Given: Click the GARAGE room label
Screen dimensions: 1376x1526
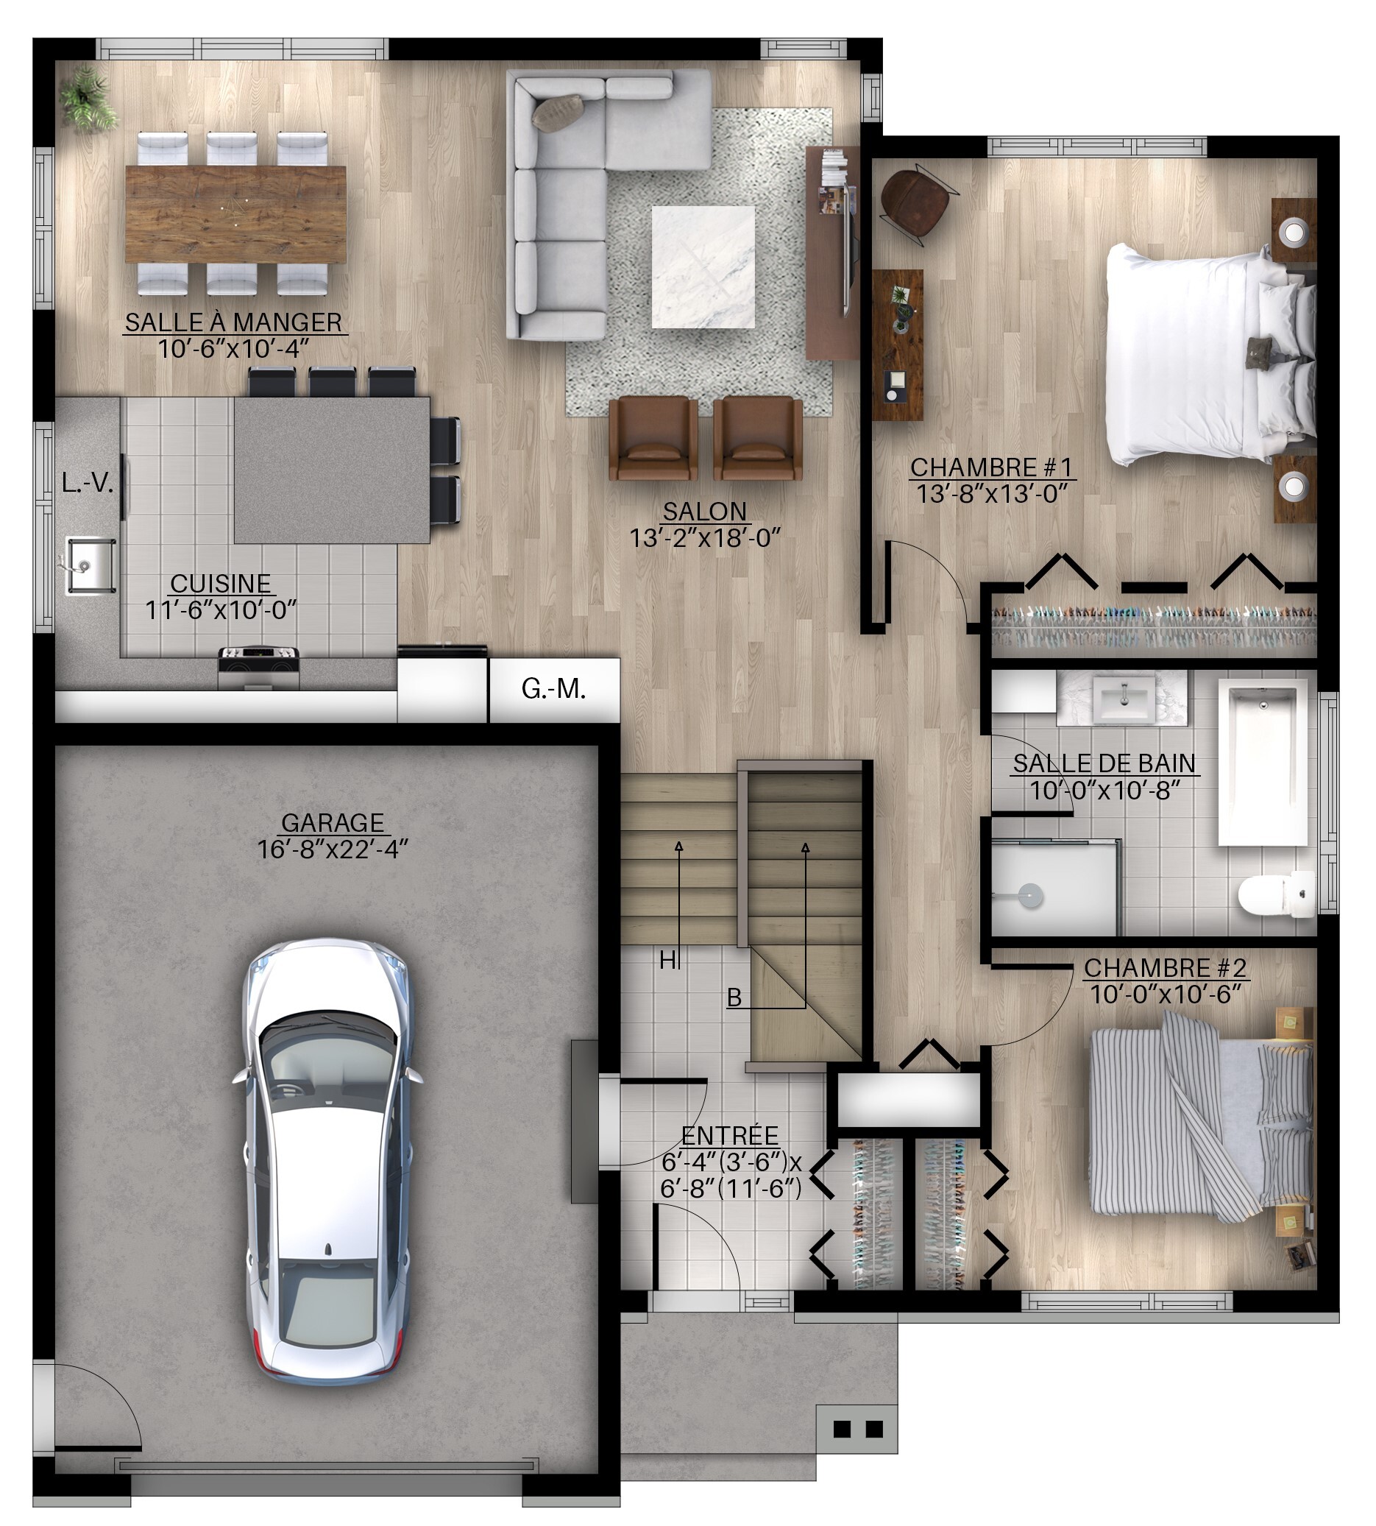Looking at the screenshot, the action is (333, 822).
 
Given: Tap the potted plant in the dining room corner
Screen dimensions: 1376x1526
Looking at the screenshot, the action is (88, 99).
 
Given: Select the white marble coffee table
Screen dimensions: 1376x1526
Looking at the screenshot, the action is (703, 267).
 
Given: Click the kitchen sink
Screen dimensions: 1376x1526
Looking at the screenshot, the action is (90, 565).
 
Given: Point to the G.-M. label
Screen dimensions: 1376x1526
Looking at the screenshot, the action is (553, 688).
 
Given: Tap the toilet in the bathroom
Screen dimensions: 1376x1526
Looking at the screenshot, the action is (1277, 894).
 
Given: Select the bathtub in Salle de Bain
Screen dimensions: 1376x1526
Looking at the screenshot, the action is (1263, 762).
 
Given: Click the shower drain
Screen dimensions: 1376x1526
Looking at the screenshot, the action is (1030, 896).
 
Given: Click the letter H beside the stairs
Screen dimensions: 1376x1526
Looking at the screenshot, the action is (667, 961).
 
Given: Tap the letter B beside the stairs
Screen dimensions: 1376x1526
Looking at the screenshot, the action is (734, 998).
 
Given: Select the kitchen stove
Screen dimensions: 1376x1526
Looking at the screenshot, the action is (258, 668).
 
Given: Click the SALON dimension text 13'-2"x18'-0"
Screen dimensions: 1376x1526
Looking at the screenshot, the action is (705, 537).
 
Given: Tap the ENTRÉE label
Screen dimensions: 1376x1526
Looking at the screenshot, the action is (730, 1136).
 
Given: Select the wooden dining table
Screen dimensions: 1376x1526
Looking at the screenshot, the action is (236, 214).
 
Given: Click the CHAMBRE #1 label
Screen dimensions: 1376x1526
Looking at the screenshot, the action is (991, 467).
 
